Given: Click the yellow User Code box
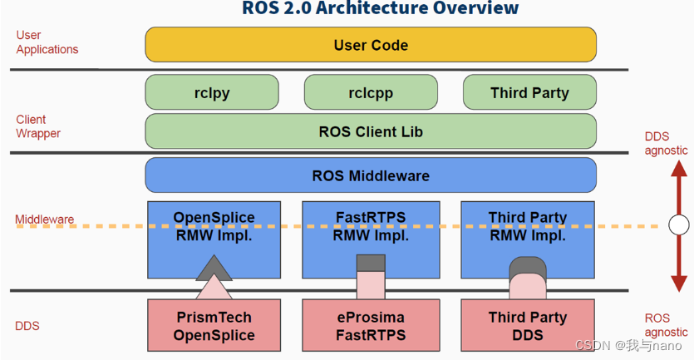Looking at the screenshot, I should click(371, 45).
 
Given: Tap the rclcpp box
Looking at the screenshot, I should click(370, 92).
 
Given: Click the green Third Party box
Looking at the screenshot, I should click(529, 92).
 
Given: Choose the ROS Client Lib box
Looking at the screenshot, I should click(371, 131).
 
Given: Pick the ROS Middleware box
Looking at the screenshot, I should click(371, 175).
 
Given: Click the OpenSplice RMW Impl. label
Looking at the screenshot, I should click(214, 226).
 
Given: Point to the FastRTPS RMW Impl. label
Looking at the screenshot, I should click(371, 226).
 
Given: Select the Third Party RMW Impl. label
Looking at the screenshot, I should click(528, 226).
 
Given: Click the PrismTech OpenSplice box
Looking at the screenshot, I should click(214, 326).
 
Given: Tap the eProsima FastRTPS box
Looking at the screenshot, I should click(371, 326).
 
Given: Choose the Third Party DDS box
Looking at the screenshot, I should click(528, 326).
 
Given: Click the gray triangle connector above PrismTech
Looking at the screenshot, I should click(214, 268).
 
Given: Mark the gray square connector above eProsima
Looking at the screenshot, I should click(371, 264).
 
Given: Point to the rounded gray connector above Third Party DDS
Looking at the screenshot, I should click(528, 266).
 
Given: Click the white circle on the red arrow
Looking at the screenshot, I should click(679, 224).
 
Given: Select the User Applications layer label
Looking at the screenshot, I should click(47, 42).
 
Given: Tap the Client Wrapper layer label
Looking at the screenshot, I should click(38, 126).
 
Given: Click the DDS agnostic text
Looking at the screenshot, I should click(667, 144).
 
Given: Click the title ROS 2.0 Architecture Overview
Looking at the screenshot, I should click(381, 9).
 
